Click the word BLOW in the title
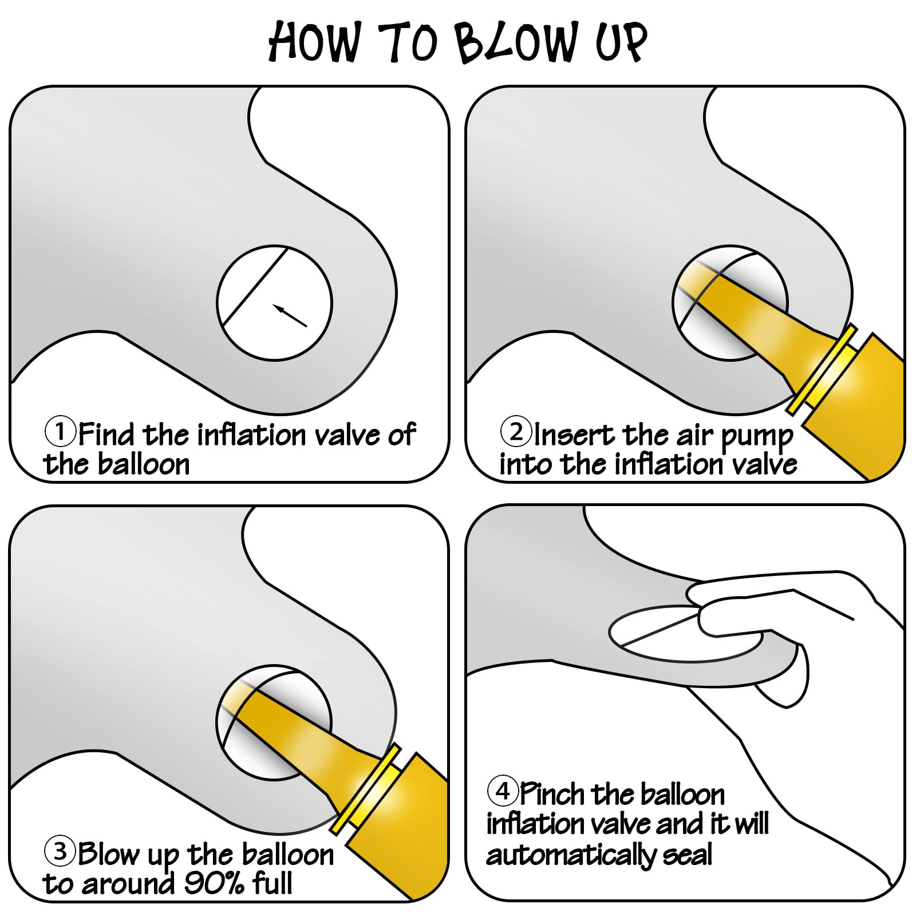click(x=516, y=42)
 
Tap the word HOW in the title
click(x=315, y=41)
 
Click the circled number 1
click(x=60, y=432)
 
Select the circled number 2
click(x=516, y=432)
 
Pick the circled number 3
click(x=60, y=851)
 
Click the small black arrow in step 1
click(x=290, y=315)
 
